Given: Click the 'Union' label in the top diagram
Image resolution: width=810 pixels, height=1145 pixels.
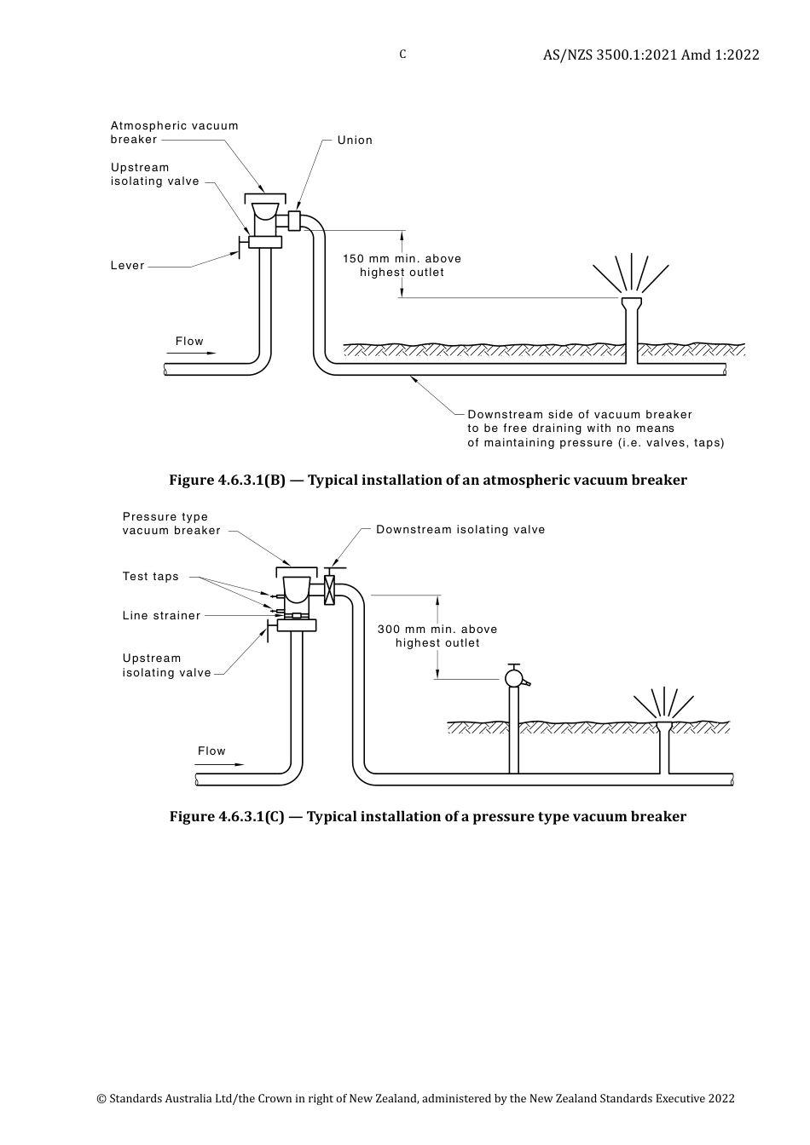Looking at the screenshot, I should [x=355, y=141].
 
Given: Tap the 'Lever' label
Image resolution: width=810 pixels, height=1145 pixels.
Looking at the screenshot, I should [x=128, y=266].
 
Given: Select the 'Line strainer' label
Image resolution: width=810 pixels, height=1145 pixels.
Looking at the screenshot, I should [x=161, y=616].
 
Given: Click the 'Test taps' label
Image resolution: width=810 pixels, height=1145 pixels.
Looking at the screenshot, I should [x=151, y=577].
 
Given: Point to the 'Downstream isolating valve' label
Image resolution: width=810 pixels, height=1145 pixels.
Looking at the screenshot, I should [x=460, y=530].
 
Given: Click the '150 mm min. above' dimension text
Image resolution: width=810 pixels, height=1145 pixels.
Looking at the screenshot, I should [x=402, y=259].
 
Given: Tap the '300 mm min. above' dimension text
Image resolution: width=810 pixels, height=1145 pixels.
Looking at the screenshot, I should [x=437, y=630].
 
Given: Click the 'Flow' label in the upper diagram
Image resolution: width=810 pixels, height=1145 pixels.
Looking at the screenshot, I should [x=189, y=342].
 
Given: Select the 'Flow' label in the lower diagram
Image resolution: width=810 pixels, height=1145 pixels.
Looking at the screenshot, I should [x=211, y=751].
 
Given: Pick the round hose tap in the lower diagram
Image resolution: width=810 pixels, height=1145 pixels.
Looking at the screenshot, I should [x=514, y=678].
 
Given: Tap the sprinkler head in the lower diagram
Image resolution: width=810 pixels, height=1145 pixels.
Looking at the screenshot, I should [x=664, y=726].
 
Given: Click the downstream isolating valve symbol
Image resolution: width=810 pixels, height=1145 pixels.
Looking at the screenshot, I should [x=330, y=590].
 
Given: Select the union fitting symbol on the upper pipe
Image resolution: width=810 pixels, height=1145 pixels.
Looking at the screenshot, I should [x=294, y=220].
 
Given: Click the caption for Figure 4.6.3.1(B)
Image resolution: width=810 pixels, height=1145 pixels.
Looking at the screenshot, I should [x=427, y=480].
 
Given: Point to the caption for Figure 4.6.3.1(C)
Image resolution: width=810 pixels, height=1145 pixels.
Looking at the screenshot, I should [x=427, y=817].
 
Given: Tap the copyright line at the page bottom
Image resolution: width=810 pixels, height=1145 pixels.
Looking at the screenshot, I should [x=415, y=1099].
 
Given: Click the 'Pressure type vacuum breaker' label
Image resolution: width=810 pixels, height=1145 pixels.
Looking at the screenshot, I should [x=171, y=524].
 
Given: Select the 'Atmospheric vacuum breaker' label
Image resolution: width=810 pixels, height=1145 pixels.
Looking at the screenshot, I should [x=174, y=132].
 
